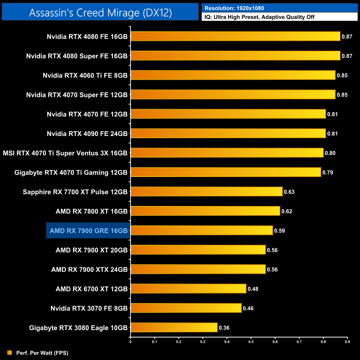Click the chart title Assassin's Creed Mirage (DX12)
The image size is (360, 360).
point(100,13)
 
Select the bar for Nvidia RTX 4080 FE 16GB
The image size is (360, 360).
point(235,36)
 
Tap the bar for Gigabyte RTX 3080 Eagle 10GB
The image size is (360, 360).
point(174,327)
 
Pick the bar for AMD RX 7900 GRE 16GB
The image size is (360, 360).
point(202,230)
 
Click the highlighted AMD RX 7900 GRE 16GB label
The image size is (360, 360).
point(88,231)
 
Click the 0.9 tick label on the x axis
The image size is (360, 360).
point(347,342)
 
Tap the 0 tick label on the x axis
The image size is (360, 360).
point(130,342)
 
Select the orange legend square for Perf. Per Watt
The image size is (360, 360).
point(10,353)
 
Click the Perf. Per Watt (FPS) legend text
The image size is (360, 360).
point(42,353)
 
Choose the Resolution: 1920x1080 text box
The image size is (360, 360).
point(279,8)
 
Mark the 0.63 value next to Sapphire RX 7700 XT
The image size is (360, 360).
point(289,192)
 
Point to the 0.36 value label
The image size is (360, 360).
point(224,328)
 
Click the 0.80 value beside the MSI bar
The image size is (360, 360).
point(330,153)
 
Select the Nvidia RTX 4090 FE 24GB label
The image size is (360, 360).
point(87,134)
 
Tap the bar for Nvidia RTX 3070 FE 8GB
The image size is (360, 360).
point(186,308)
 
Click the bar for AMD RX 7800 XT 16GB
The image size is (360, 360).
point(205,211)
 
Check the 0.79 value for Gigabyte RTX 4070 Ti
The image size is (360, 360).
point(328,173)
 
